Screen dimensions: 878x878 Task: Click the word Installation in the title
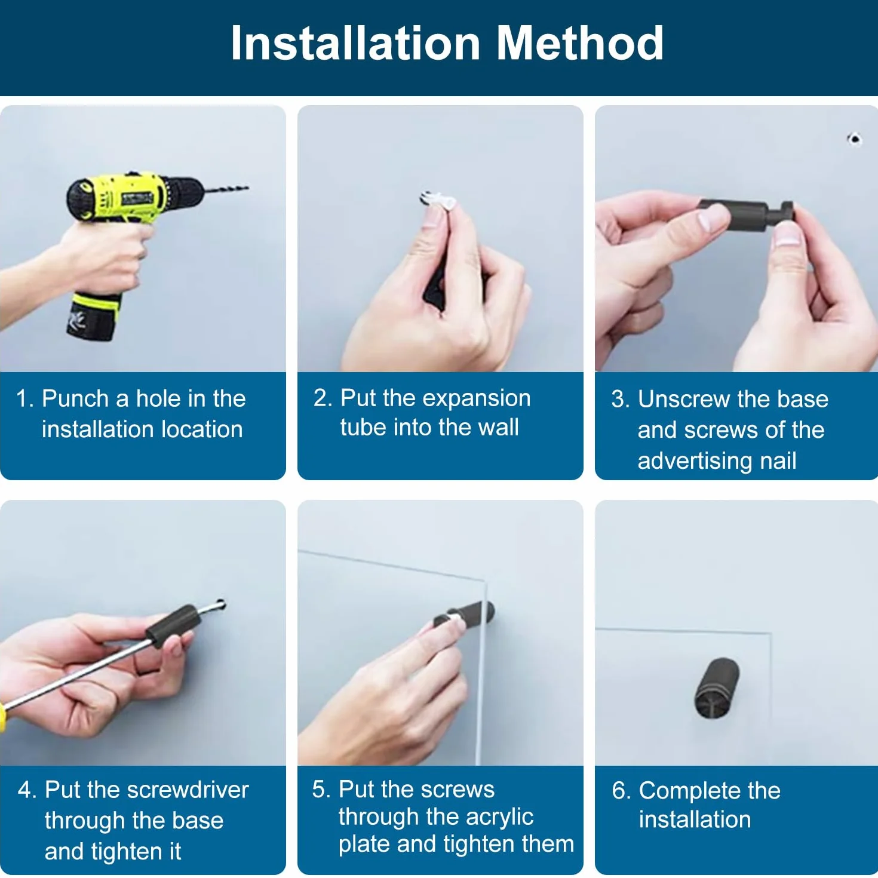355,43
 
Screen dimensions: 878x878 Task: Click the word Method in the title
580,43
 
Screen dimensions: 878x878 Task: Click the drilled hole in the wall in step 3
854,139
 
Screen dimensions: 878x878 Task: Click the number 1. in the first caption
24,398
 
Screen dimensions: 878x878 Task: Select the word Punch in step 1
75,398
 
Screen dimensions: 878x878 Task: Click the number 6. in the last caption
622,791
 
